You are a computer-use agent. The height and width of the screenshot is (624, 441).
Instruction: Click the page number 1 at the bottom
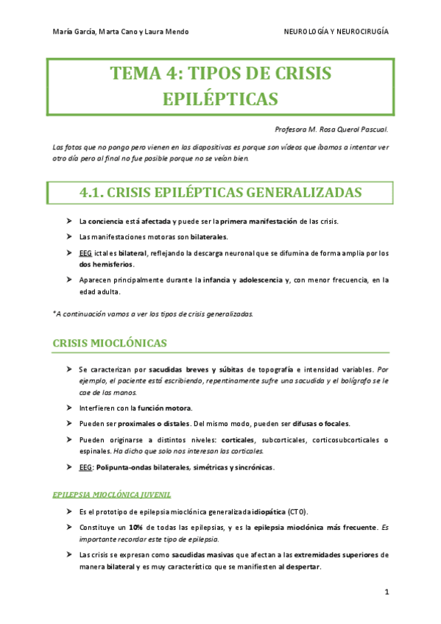click(385, 592)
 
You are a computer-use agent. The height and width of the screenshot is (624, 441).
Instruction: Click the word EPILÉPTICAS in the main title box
click(219, 99)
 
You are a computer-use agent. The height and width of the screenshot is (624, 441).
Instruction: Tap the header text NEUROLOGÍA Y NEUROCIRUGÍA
click(336, 32)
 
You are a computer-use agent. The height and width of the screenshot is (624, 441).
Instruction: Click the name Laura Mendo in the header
click(168, 32)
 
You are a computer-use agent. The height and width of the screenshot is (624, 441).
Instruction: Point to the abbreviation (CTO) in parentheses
click(298, 512)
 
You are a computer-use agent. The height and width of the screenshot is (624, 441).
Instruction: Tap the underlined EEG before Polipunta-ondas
click(85, 467)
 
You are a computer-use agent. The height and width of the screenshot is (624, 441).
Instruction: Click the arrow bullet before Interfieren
click(68, 408)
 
